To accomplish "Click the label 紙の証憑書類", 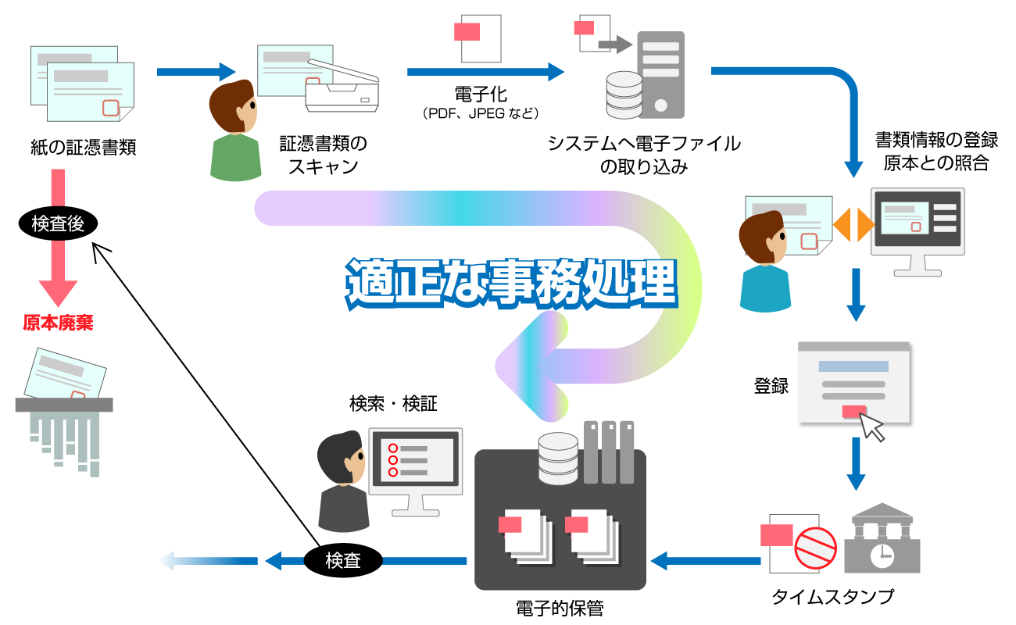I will point(83,148).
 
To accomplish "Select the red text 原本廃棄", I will point(58,323).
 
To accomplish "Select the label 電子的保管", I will point(560,609).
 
